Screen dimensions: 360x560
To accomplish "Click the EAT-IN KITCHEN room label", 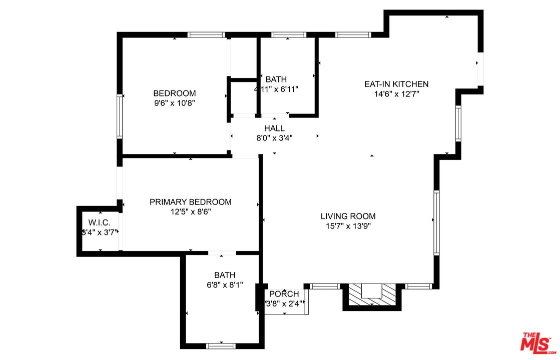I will tap(396, 84).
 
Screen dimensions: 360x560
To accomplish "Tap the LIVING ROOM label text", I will tap(348, 216).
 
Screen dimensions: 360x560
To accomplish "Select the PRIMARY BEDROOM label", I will tap(190, 202).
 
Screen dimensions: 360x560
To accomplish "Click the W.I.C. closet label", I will tap(99, 222).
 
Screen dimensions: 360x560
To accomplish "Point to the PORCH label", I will tap(284, 294).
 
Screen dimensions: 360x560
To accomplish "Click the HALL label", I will tap(274, 128).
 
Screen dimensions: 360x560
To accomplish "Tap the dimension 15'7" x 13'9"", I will tap(348, 226).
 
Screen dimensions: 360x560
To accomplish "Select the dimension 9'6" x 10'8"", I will tap(174, 103).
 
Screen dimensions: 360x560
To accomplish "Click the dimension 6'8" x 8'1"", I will tap(224, 285).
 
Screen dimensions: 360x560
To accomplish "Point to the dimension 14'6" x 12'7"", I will tap(396, 94).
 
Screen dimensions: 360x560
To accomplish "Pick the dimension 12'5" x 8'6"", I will tap(190, 212).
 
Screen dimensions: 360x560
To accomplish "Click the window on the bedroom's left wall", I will tap(120, 116).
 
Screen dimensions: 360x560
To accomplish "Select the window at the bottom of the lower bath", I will tap(221, 345).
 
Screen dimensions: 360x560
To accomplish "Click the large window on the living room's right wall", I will tap(436, 222).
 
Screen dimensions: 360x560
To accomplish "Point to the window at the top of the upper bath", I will tap(288, 35).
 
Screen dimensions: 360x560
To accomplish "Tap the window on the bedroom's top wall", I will tap(206, 35).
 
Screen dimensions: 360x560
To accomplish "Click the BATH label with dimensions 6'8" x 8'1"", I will tap(224, 275).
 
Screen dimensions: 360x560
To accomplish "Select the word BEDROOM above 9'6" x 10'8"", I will tap(174, 93).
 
